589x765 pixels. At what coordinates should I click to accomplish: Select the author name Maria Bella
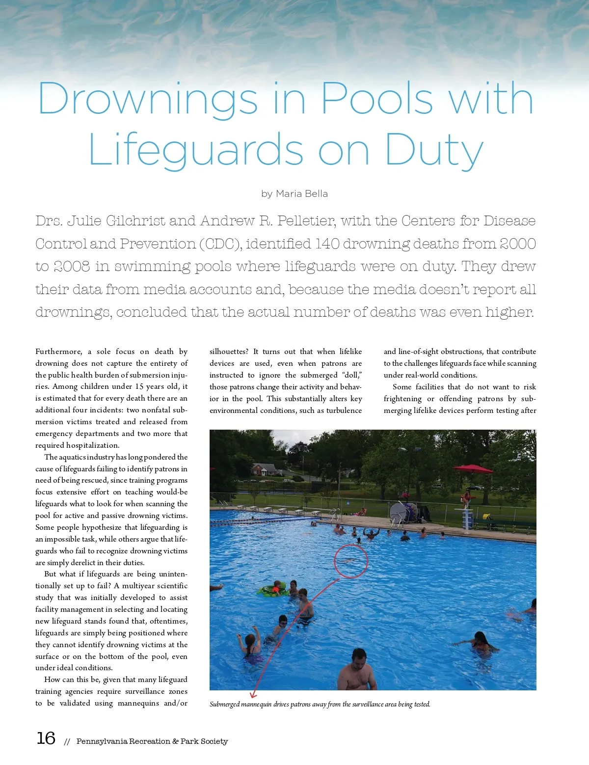click(301, 193)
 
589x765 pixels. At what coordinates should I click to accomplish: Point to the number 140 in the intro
click(328, 244)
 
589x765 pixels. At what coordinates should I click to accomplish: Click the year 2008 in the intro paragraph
click(72, 266)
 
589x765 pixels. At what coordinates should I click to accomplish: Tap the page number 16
click(46, 738)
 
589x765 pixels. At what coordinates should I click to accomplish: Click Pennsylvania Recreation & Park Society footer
click(152, 741)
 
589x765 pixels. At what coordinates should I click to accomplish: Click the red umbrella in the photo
click(473, 469)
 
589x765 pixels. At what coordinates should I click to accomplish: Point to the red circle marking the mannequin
click(350, 561)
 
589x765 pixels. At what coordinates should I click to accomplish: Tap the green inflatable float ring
click(272, 590)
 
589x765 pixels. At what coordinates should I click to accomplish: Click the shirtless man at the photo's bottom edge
click(358, 671)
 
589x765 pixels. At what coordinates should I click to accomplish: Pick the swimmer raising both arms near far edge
click(371, 533)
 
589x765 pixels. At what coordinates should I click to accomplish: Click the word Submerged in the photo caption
click(225, 704)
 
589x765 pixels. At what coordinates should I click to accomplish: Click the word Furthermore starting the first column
click(58, 352)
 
